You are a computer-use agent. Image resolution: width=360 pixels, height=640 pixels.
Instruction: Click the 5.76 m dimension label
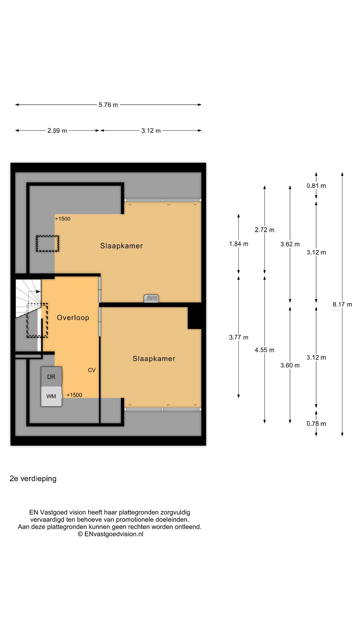(x=108, y=105)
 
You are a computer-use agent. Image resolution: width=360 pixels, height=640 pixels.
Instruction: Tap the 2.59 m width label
(x=57, y=131)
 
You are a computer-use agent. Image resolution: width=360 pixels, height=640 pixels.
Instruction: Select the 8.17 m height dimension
(x=342, y=304)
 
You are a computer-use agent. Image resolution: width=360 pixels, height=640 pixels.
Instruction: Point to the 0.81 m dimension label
(x=316, y=186)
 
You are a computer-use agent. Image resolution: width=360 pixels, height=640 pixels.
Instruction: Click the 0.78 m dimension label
(x=316, y=424)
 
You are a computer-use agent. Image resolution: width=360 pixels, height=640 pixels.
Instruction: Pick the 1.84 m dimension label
(x=239, y=244)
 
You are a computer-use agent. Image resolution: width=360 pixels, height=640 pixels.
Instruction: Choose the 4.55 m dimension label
(x=265, y=350)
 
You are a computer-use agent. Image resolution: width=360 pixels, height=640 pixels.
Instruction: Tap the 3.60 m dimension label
(x=290, y=365)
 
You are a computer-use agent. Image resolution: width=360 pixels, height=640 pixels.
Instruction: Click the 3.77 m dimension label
(x=239, y=337)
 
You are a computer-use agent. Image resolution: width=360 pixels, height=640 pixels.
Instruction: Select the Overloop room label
(x=73, y=318)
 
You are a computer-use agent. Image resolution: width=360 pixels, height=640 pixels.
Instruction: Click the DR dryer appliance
(x=51, y=377)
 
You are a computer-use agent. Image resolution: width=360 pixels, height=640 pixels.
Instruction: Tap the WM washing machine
(x=51, y=396)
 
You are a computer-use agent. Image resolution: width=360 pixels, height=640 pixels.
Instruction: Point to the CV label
(x=92, y=370)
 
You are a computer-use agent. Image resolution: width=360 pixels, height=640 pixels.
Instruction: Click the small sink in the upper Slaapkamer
(x=151, y=298)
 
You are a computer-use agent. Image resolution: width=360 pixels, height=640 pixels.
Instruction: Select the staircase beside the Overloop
(x=28, y=299)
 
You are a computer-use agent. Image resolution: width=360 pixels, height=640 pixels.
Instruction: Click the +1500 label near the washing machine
(x=74, y=395)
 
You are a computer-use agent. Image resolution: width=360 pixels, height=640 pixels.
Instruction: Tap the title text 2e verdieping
(x=33, y=479)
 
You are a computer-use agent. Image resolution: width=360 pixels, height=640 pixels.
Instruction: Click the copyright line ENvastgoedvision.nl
(x=111, y=534)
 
